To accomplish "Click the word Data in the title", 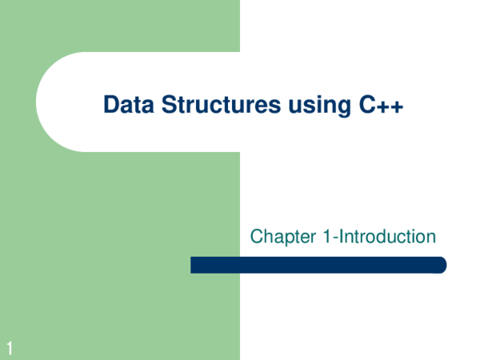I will click(x=126, y=105).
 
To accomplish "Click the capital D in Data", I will click(x=110, y=105).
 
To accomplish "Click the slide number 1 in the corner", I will click(x=9, y=346).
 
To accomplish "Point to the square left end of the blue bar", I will click(x=194, y=265).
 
